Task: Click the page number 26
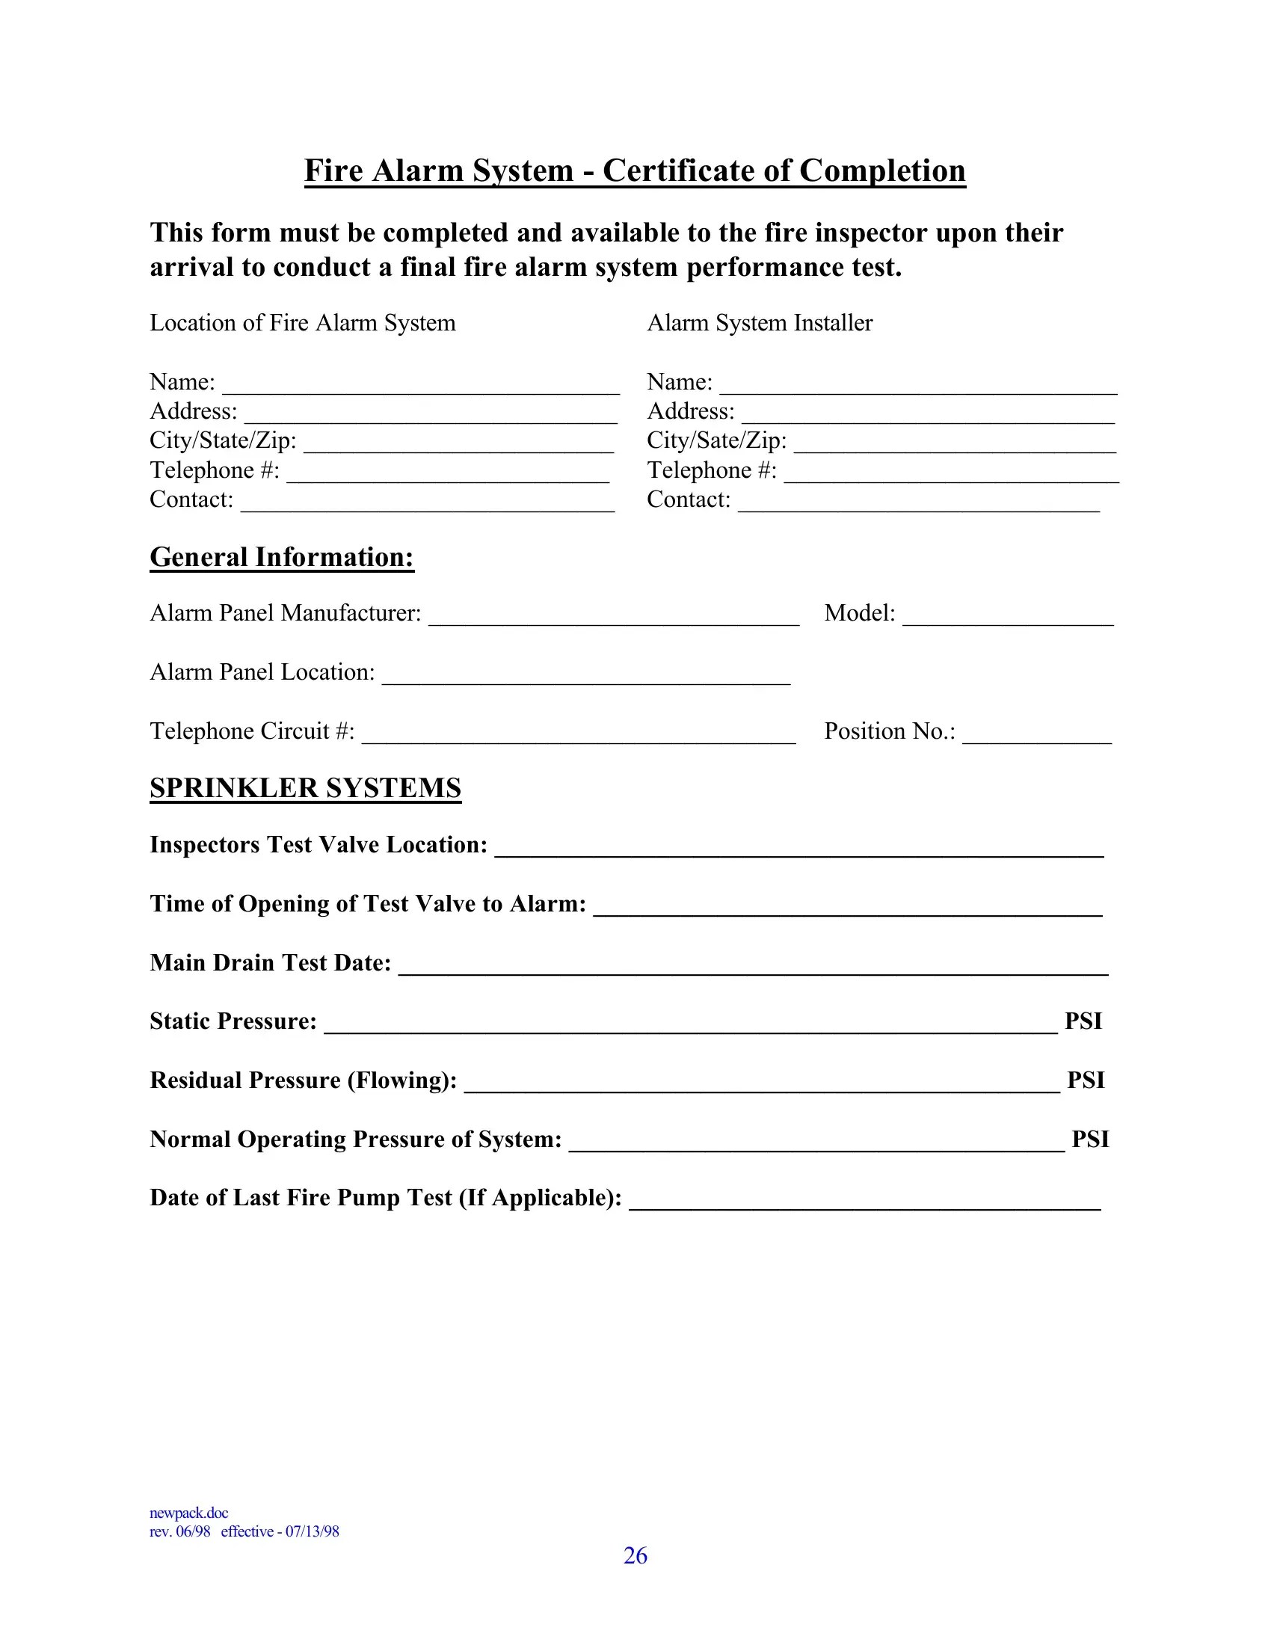635,1555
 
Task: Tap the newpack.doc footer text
188,1513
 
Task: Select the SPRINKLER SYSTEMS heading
305,788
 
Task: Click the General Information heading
282,557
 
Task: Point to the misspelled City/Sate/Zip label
716,440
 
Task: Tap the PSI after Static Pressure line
1083,1021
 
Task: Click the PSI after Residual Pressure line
1085,1080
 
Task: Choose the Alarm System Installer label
759,323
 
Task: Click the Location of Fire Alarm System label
302,323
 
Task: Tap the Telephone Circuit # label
251,731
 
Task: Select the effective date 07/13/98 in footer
312,1531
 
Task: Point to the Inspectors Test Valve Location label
318,845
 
